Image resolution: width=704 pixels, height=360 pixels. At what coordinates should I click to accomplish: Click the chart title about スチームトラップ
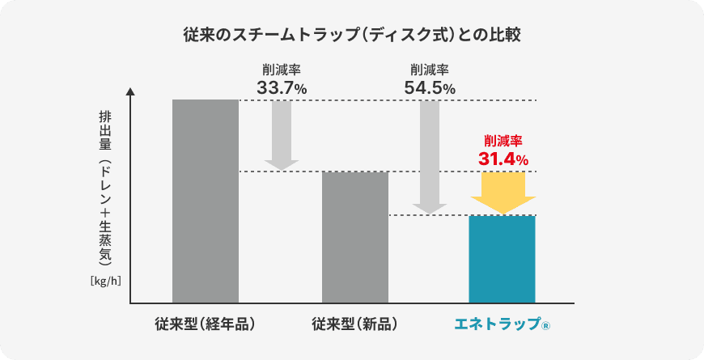click(351, 36)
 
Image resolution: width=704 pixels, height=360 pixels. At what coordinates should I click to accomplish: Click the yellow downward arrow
click(503, 193)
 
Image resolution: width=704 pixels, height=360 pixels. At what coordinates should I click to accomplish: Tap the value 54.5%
click(430, 88)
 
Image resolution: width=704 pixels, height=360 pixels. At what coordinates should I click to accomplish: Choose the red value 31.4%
click(503, 159)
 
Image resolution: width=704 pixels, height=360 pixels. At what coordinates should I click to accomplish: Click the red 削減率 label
click(503, 140)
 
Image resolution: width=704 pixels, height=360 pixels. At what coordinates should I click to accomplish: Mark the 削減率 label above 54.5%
click(430, 70)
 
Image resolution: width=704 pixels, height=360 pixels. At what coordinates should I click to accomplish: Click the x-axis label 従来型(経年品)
click(206, 324)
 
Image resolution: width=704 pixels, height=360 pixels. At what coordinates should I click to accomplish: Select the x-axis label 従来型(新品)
click(354, 324)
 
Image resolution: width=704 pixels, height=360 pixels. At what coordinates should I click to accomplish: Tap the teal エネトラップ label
click(495, 324)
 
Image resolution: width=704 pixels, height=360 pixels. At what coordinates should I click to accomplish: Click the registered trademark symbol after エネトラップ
click(545, 326)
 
